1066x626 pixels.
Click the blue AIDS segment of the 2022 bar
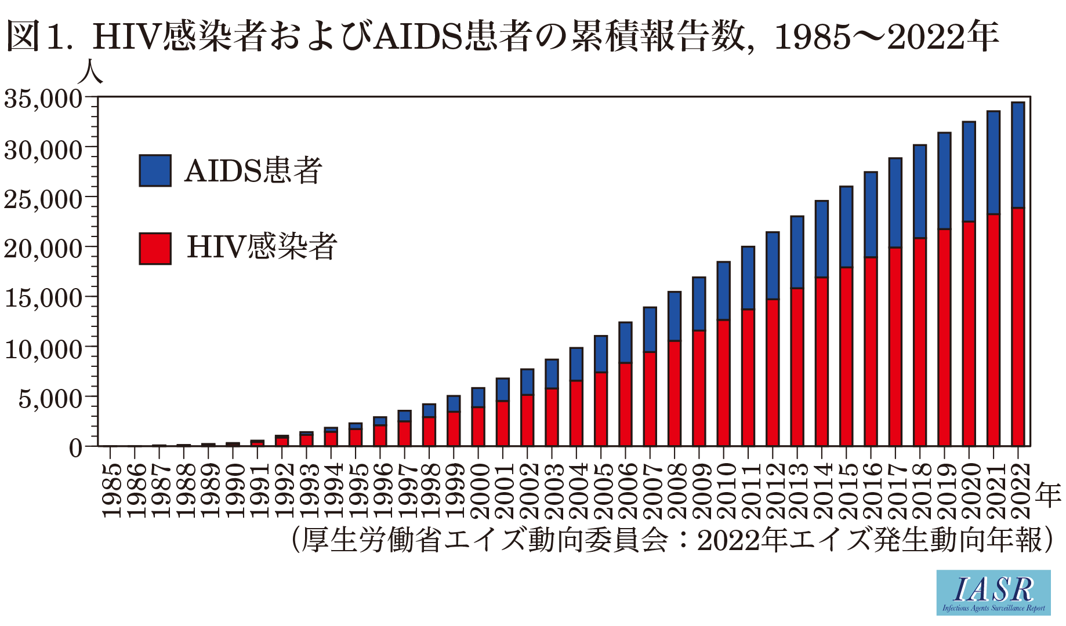click(x=1017, y=155)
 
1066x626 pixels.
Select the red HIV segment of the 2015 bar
click(x=846, y=356)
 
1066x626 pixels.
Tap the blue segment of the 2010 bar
click(x=723, y=290)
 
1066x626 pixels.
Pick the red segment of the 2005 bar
click(x=601, y=409)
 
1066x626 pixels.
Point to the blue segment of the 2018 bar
click(x=920, y=191)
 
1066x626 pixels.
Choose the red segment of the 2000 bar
click(x=478, y=426)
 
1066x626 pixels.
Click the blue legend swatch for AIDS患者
click(x=155, y=170)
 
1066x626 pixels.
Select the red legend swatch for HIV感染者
click(x=155, y=249)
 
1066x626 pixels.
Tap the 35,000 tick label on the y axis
click(x=43, y=99)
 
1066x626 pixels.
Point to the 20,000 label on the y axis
click(x=43, y=249)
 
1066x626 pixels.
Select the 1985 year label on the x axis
click(x=111, y=490)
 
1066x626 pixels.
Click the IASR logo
click(x=993, y=592)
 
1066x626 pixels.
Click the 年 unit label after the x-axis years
click(x=1047, y=495)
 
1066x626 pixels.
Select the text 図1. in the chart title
click(x=41, y=36)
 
